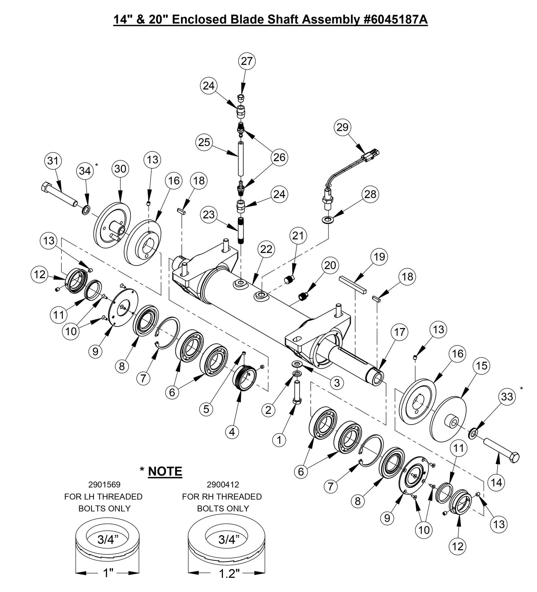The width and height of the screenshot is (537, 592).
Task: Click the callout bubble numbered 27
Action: pos(247,61)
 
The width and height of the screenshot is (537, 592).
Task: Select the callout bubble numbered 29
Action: pos(343,127)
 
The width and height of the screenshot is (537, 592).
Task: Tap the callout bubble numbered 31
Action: pos(53,161)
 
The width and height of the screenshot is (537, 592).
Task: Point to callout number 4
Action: pos(232,432)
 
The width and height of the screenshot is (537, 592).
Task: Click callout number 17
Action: pos(399,332)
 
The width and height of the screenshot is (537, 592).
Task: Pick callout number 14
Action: pos(496,482)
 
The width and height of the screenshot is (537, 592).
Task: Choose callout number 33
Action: pos(507,397)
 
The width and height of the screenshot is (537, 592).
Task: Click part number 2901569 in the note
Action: pos(104,485)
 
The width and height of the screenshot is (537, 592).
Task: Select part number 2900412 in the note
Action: pos(223,485)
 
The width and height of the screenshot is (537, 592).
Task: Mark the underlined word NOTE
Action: pos(165,471)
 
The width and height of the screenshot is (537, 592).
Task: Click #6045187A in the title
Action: pos(395,20)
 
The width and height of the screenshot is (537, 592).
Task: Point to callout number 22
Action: pos(266,249)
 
